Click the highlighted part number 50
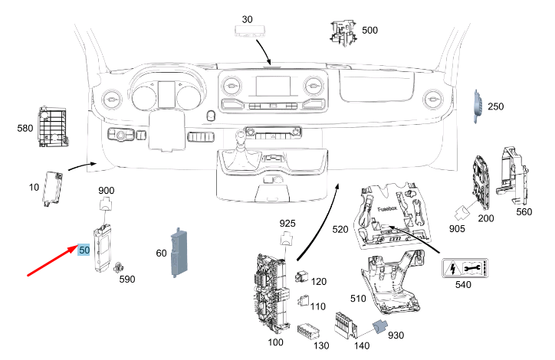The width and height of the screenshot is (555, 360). pos(84,250)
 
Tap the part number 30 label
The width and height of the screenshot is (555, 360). pos(247,18)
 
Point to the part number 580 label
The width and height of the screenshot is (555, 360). pos(25,128)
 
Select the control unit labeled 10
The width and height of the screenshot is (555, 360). pos(54,188)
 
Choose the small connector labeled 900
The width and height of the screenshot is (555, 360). pos(106,204)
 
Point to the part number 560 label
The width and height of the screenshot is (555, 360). pos(524,211)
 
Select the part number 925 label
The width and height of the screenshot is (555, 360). pos(287,222)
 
